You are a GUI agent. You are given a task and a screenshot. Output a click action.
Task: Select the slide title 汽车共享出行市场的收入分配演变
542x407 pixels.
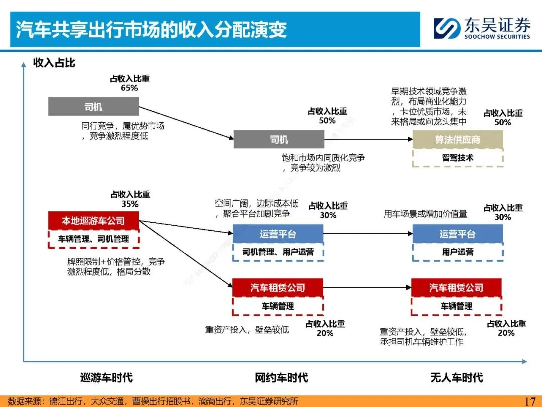pyautogui.click(x=151, y=29)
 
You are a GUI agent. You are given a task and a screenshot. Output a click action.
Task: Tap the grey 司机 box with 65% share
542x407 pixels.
pyautogui.click(x=93, y=107)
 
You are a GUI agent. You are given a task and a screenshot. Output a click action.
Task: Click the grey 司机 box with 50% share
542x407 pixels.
pyautogui.click(x=279, y=139)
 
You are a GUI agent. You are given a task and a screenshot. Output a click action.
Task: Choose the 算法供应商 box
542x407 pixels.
pyautogui.click(x=457, y=140)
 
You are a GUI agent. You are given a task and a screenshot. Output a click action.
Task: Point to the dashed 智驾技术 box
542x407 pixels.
pyautogui.click(x=457, y=158)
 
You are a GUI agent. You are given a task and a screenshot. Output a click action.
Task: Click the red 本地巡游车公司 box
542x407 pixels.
pyautogui.click(x=93, y=221)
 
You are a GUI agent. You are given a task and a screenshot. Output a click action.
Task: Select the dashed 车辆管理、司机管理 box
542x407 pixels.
pyautogui.click(x=93, y=239)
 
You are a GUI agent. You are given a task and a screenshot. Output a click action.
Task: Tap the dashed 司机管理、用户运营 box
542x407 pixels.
pyautogui.click(x=278, y=252)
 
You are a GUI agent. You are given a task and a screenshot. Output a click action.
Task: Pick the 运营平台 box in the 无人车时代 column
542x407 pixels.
pyautogui.click(x=457, y=234)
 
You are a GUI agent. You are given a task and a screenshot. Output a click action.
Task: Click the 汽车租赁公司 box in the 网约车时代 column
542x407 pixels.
pyautogui.click(x=278, y=288)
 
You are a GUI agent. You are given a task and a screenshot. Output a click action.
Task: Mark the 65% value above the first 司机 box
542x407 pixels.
pyautogui.click(x=129, y=88)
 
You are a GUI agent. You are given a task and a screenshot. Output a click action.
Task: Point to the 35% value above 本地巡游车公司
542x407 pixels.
pyautogui.click(x=130, y=204)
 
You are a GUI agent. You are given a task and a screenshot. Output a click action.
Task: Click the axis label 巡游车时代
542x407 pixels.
pyautogui.click(x=106, y=378)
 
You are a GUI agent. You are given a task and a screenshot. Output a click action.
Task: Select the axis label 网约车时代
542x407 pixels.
pyautogui.click(x=281, y=378)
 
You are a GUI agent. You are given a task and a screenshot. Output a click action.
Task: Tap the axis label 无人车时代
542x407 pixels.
pyautogui.click(x=456, y=378)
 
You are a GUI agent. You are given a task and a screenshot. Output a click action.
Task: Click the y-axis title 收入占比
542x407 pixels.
pyautogui.click(x=54, y=63)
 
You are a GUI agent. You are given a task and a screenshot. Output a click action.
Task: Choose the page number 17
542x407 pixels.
pyautogui.click(x=530, y=401)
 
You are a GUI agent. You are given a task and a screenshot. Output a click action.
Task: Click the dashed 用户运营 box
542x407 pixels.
pyautogui.click(x=457, y=252)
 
